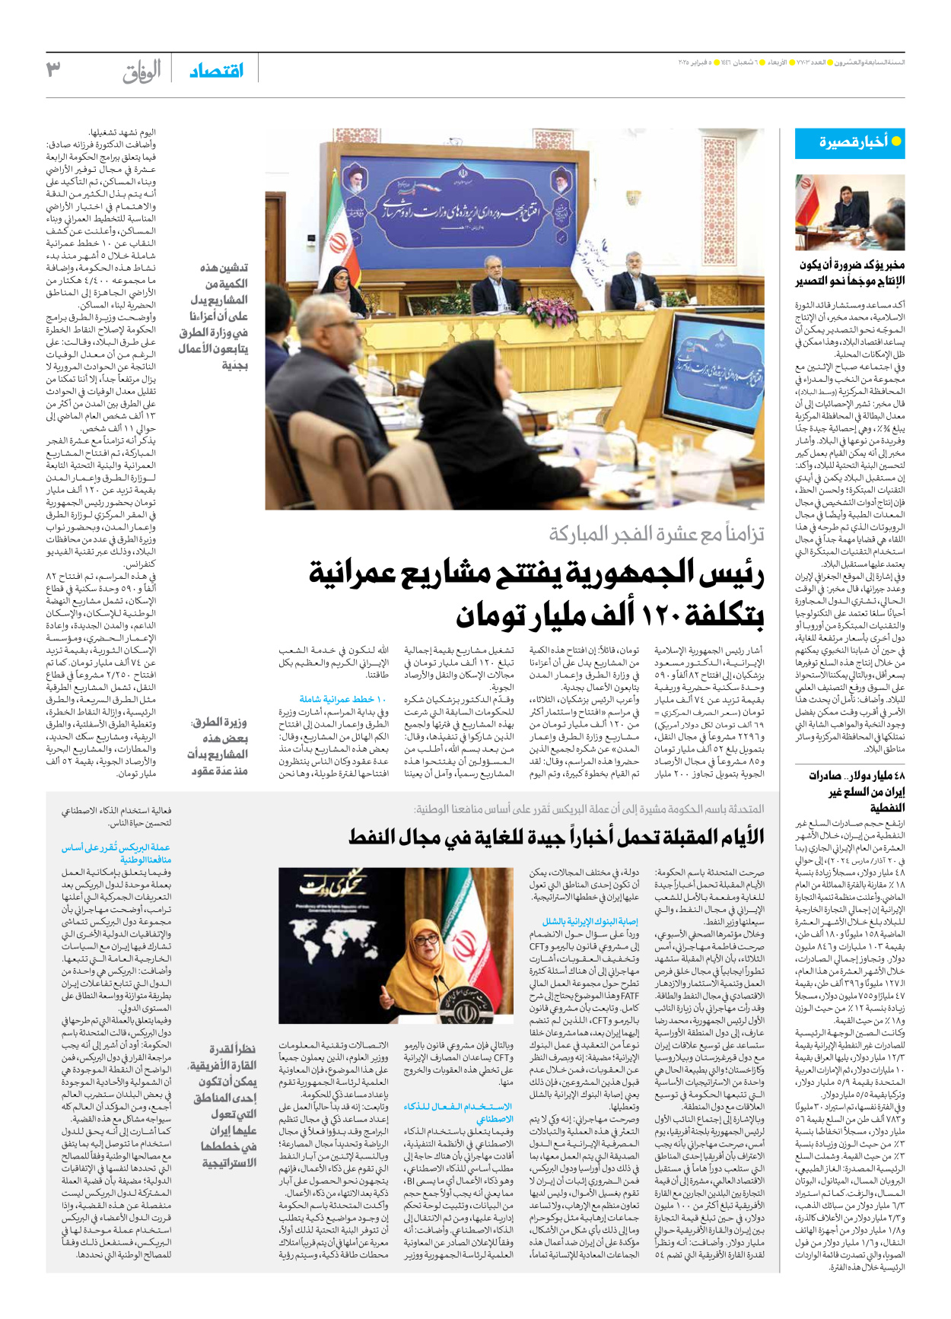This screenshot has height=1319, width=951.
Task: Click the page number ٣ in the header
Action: pos(53,69)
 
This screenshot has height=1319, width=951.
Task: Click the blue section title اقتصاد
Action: pos(217,71)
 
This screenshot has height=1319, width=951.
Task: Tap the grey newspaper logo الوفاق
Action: pos(142,72)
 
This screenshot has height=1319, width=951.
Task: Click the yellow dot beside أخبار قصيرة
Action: pos(896,141)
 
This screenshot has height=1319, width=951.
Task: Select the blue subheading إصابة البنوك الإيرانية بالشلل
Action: pos(590,921)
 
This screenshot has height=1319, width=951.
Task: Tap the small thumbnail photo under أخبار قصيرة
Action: pos(850,212)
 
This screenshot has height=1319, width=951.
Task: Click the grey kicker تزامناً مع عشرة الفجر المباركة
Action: pos(657,534)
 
